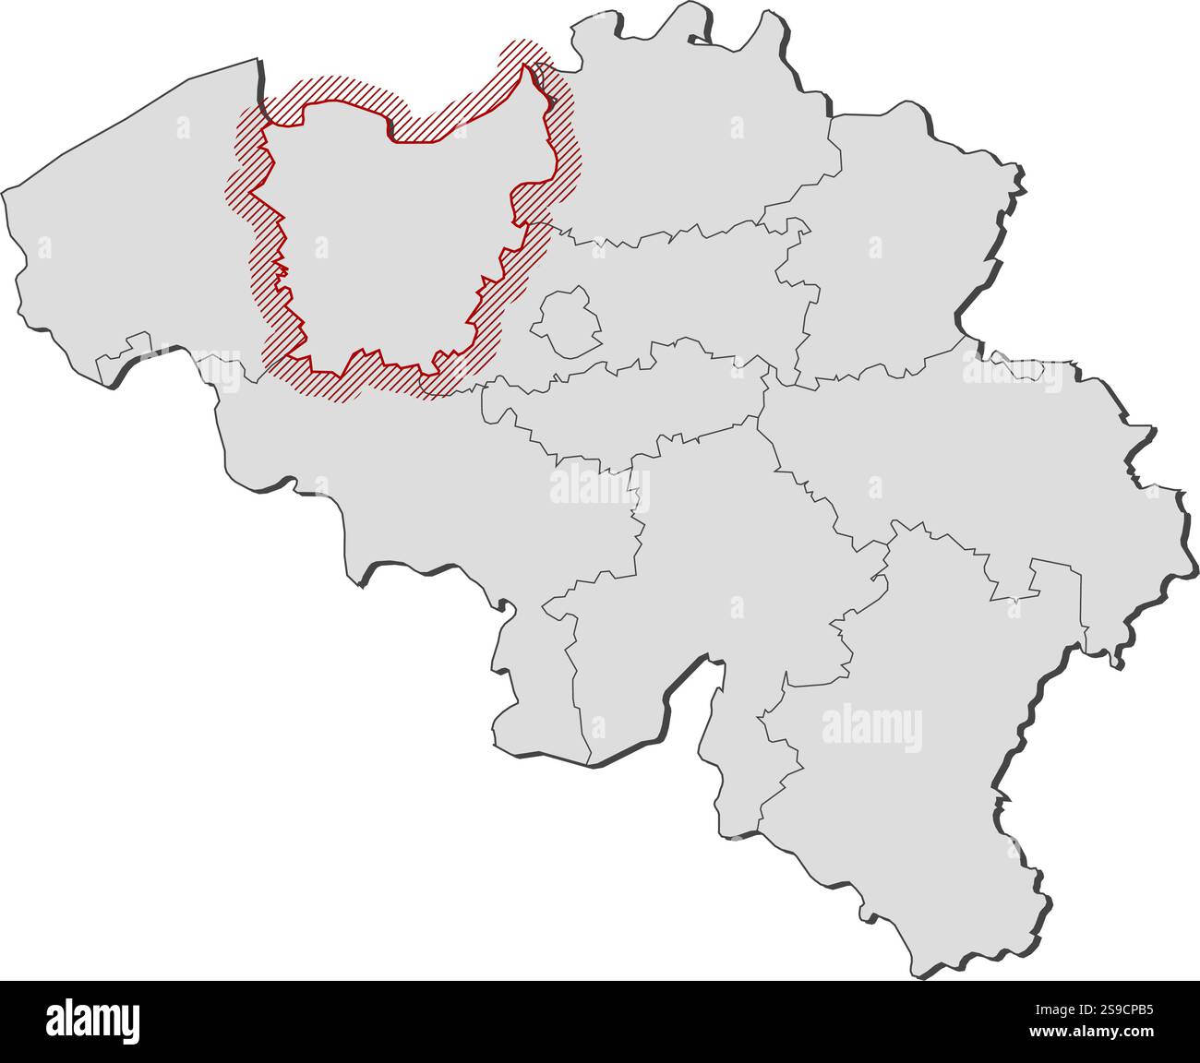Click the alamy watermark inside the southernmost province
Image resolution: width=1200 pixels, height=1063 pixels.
[870, 726]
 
